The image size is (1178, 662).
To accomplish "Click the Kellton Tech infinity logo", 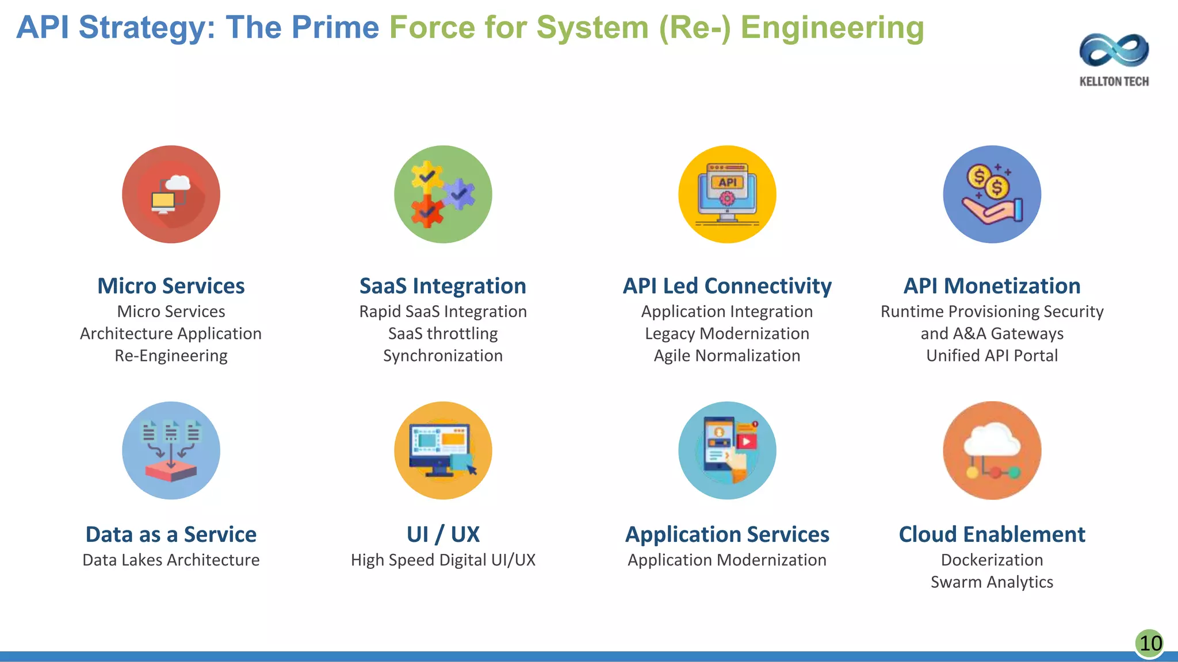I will [1114, 51].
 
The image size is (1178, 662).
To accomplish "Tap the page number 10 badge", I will [1150, 643].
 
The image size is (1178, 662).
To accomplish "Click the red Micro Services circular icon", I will [171, 194].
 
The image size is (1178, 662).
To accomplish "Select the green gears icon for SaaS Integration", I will [443, 194].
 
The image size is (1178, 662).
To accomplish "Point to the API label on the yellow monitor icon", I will [727, 182].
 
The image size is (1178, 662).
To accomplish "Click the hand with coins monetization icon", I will [992, 194].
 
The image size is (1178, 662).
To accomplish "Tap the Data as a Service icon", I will [171, 450].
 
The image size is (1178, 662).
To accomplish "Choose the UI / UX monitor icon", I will [443, 450].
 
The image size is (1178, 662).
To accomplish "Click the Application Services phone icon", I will [727, 450].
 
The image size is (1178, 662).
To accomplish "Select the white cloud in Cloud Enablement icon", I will [992, 440].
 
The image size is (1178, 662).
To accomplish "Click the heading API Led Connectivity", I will [727, 286].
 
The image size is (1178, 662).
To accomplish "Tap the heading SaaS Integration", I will [443, 286].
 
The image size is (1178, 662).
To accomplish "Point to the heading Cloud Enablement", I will [992, 534].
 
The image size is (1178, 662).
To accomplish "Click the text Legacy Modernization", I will [727, 333].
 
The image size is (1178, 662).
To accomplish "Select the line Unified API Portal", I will [992, 356].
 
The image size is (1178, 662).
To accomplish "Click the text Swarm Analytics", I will [992, 582].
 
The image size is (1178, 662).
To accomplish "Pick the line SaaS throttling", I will [443, 333].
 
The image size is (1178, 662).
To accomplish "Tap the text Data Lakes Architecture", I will [171, 560].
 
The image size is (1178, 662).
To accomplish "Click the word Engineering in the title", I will [832, 28].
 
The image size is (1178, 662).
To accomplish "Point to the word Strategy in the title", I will [147, 28].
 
